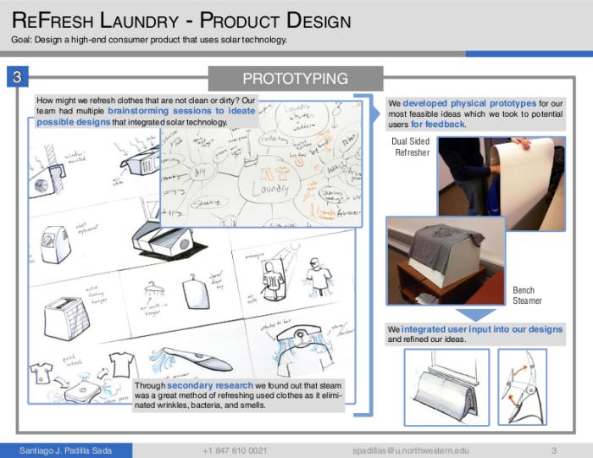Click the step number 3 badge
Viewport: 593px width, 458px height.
click(x=17, y=78)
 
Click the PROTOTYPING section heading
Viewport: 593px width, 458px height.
click(x=295, y=79)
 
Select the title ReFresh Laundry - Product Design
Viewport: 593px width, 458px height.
click(x=182, y=20)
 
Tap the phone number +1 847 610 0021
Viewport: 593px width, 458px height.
click(x=236, y=450)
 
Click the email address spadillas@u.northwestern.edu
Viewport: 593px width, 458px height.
click(x=411, y=450)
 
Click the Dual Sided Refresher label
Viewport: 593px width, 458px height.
click(x=412, y=147)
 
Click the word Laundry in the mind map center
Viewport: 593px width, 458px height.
click(x=269, y=188)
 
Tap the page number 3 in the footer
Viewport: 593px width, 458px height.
click(x=553, y=450)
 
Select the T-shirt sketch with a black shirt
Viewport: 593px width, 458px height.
click(x=42, y=373)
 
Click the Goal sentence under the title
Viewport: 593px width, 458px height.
click(x=149, y=40)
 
